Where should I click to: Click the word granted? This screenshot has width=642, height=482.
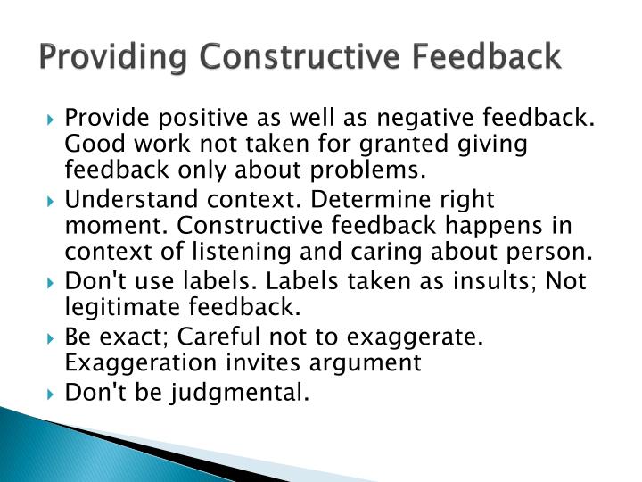click(x=416, y=144)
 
